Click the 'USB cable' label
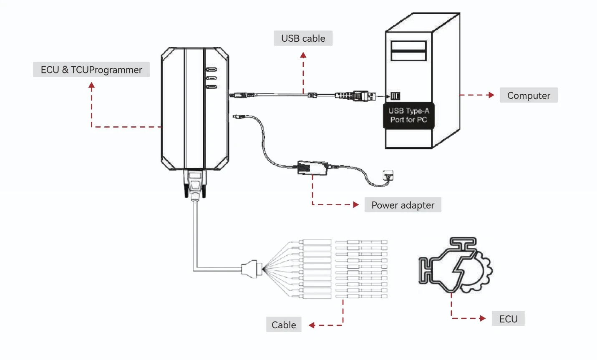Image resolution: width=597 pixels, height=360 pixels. coord(303,38)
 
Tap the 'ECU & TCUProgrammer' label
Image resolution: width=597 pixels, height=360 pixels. coord(91,70)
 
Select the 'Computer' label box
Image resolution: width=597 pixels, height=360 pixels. coord(529,95)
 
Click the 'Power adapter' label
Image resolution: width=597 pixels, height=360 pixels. coord(403,205)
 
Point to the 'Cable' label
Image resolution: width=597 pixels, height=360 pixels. coord(284,324)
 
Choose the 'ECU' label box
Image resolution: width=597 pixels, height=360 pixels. coord(508,318)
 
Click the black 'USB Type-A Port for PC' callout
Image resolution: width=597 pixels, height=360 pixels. coord(409,116)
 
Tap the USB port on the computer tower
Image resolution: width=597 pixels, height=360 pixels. coord(395,96)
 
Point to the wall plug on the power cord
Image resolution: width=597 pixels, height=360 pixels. coord(388,176)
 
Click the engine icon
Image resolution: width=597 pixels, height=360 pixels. coord(456,265)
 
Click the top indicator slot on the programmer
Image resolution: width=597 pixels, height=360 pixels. coord(212,70)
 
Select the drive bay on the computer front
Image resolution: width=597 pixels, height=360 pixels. coord(408,50)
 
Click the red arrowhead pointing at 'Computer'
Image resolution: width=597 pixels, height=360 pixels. coord(491,95)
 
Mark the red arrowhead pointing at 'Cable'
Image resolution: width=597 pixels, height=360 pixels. coord(312,325)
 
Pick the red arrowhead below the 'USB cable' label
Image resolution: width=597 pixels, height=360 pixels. coord(303,55)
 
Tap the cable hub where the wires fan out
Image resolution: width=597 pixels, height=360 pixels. coord(252,269)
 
